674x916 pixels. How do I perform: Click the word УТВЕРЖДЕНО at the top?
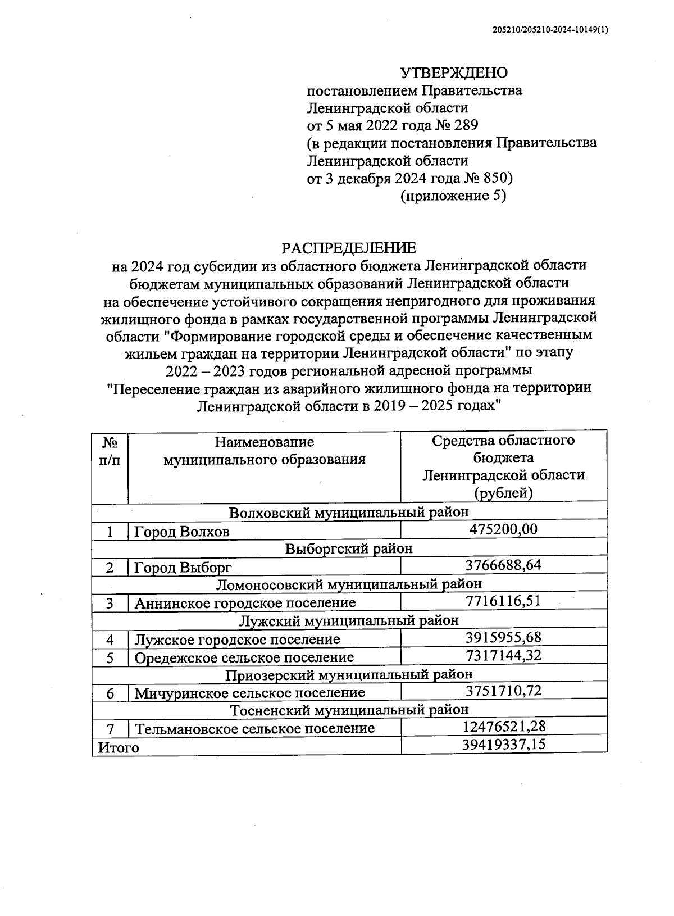pos(453,72)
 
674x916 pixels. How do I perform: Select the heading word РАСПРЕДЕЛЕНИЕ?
pos(349,248)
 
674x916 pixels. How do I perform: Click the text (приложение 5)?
pos(453,196)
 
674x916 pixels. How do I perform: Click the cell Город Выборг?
pos(183,567)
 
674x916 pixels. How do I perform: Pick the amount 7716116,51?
pos(503,601)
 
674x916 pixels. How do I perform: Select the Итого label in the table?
pos(118,747)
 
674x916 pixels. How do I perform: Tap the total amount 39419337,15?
pos(503,745)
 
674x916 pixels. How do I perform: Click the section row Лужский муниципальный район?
pos(349,620)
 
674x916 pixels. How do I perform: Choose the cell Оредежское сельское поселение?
pos(244,657)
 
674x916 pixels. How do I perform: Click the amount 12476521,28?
pos(503,727)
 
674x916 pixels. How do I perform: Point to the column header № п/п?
pos(110,451)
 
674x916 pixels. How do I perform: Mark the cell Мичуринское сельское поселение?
pos(249,693)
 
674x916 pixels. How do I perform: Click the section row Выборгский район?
pos(349,548)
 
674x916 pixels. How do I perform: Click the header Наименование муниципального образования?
pos(264,451)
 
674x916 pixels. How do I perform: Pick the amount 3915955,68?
pos(503,638)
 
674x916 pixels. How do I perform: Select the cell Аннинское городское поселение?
pos(245,603)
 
